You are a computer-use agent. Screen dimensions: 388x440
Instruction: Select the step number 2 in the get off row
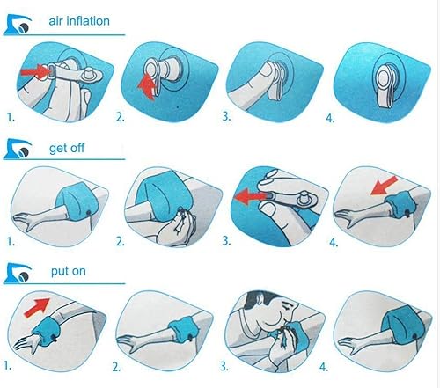pyautogui.click(x=118, y=238)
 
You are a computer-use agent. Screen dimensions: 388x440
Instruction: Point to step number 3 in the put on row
pyautogui.click(x=224, y=362)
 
